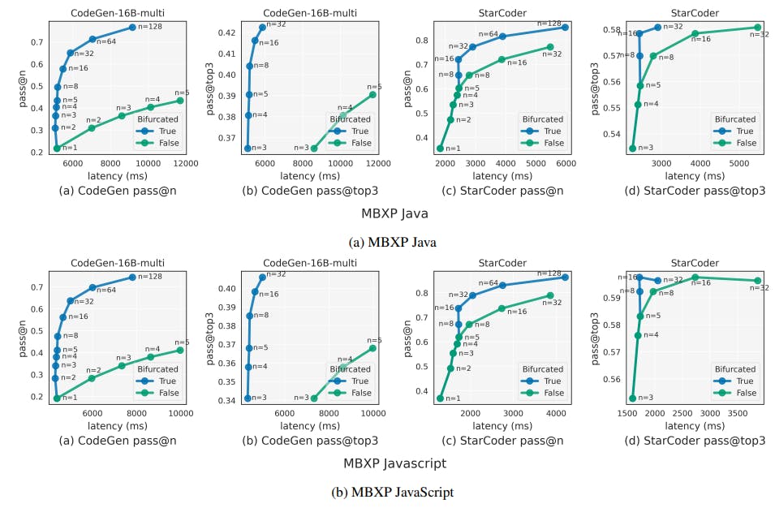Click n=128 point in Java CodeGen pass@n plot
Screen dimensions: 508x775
(132, 27)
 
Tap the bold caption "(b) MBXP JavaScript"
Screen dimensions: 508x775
(392, 492)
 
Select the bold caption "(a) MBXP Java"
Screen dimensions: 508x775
(392, 242)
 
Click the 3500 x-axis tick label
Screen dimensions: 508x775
(738, 413)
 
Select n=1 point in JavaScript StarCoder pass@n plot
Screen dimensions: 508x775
(440, 398)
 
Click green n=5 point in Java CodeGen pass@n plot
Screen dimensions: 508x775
(180, 101)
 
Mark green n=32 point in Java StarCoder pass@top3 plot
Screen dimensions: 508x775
(758, 27)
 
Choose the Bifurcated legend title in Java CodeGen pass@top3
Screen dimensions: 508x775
(350, 119)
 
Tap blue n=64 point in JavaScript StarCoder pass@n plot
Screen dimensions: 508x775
(503, 285)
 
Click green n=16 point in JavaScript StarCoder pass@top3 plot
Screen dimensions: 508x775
(695, 278)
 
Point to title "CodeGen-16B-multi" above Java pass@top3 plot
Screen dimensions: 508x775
(310, 13)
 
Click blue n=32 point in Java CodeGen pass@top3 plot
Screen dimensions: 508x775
(262, 27)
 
